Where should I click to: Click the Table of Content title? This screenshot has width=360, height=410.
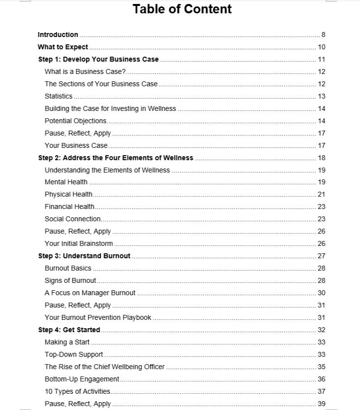pyautogui.click(x=182, y=9)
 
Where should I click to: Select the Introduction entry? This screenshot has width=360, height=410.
pyautogui.click(x=58, y=34)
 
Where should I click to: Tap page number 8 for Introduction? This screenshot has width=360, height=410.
pyautogui.click(x=323, y=34)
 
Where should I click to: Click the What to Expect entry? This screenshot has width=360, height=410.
pyautogui.click(x=63, y=47)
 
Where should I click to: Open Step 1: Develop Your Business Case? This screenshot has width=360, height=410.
pyautogui.click(x=98, y=59)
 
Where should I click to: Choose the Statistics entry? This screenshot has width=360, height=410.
pyautogui.click(x=58, y=96)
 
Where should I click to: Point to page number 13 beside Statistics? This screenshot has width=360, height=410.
pyautogui.click(x=322, y=96)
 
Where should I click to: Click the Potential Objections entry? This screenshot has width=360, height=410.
pyautogui.click(x=75, y=121)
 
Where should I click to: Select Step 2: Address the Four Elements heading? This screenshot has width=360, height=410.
pyautogui.click(x=115, y=158)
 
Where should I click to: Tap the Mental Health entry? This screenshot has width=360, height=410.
pyautogui.click(x=66, y=182)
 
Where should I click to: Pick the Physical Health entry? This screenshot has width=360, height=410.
pyautogui.click(x=69, y=194)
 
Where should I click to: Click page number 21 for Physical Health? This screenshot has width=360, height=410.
pyautogui.click(x=322, y=194)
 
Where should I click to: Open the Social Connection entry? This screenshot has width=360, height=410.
pyautogui.click(x=72, y=219)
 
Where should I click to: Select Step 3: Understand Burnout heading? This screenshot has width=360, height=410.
pyautogui.click(x=84, y=256)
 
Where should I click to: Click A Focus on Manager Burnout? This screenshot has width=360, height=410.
pyautogui.click(x=90, y=293)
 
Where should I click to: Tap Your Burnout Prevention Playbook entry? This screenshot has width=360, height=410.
pyautogui.click(x=98, y=317)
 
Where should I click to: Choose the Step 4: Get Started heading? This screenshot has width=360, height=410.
pyautogui.click(x=69, y=330)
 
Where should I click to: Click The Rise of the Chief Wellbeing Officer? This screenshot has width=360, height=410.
pyautogui.click(x=105, y=367)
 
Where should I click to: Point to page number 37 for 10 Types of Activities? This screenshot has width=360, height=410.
pyautogui.click(x=322, y=391)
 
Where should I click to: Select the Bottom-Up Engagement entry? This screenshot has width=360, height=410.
pyautogui.click(x=82, y=379)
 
